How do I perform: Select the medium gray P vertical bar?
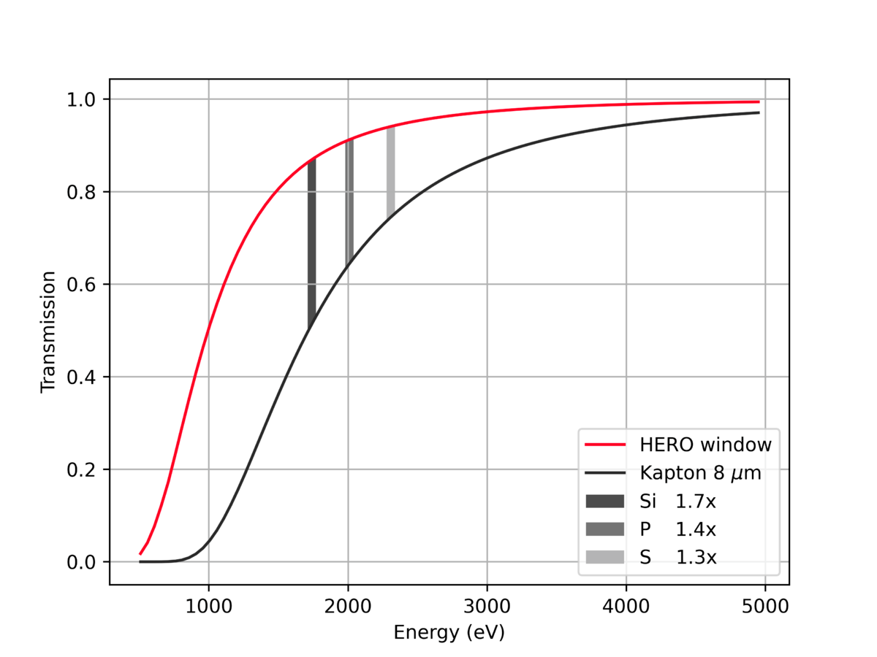pyautogui.click(x=349, y=201)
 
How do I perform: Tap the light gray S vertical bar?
pyautogui.click(x=391, y=172)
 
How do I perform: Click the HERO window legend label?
pyautogui.click(x=705, y=445)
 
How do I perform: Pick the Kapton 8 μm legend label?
pyautogui.click(x=700, y=473)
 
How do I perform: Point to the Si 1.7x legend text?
pyautogui.click(x=677, y=502)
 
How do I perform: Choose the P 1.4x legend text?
pyautogui.click(x=677, y=529)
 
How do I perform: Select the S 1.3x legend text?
pyautogui.click(x=677, y=558)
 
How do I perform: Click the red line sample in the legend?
pyautogui.click(x=605, y=445)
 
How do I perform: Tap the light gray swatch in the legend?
pyautogui.click(x=605, y=558)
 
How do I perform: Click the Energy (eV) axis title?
pyautogui.click(x=449, y=632)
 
